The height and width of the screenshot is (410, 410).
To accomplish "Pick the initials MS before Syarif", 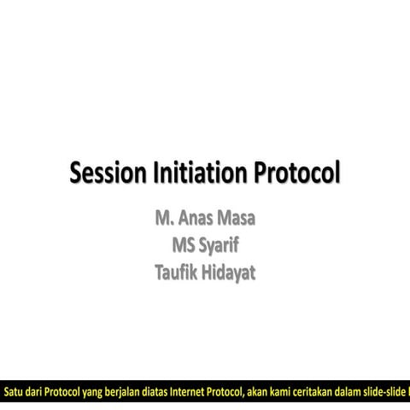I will (183, 246).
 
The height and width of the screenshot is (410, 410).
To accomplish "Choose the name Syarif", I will (219, 247).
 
